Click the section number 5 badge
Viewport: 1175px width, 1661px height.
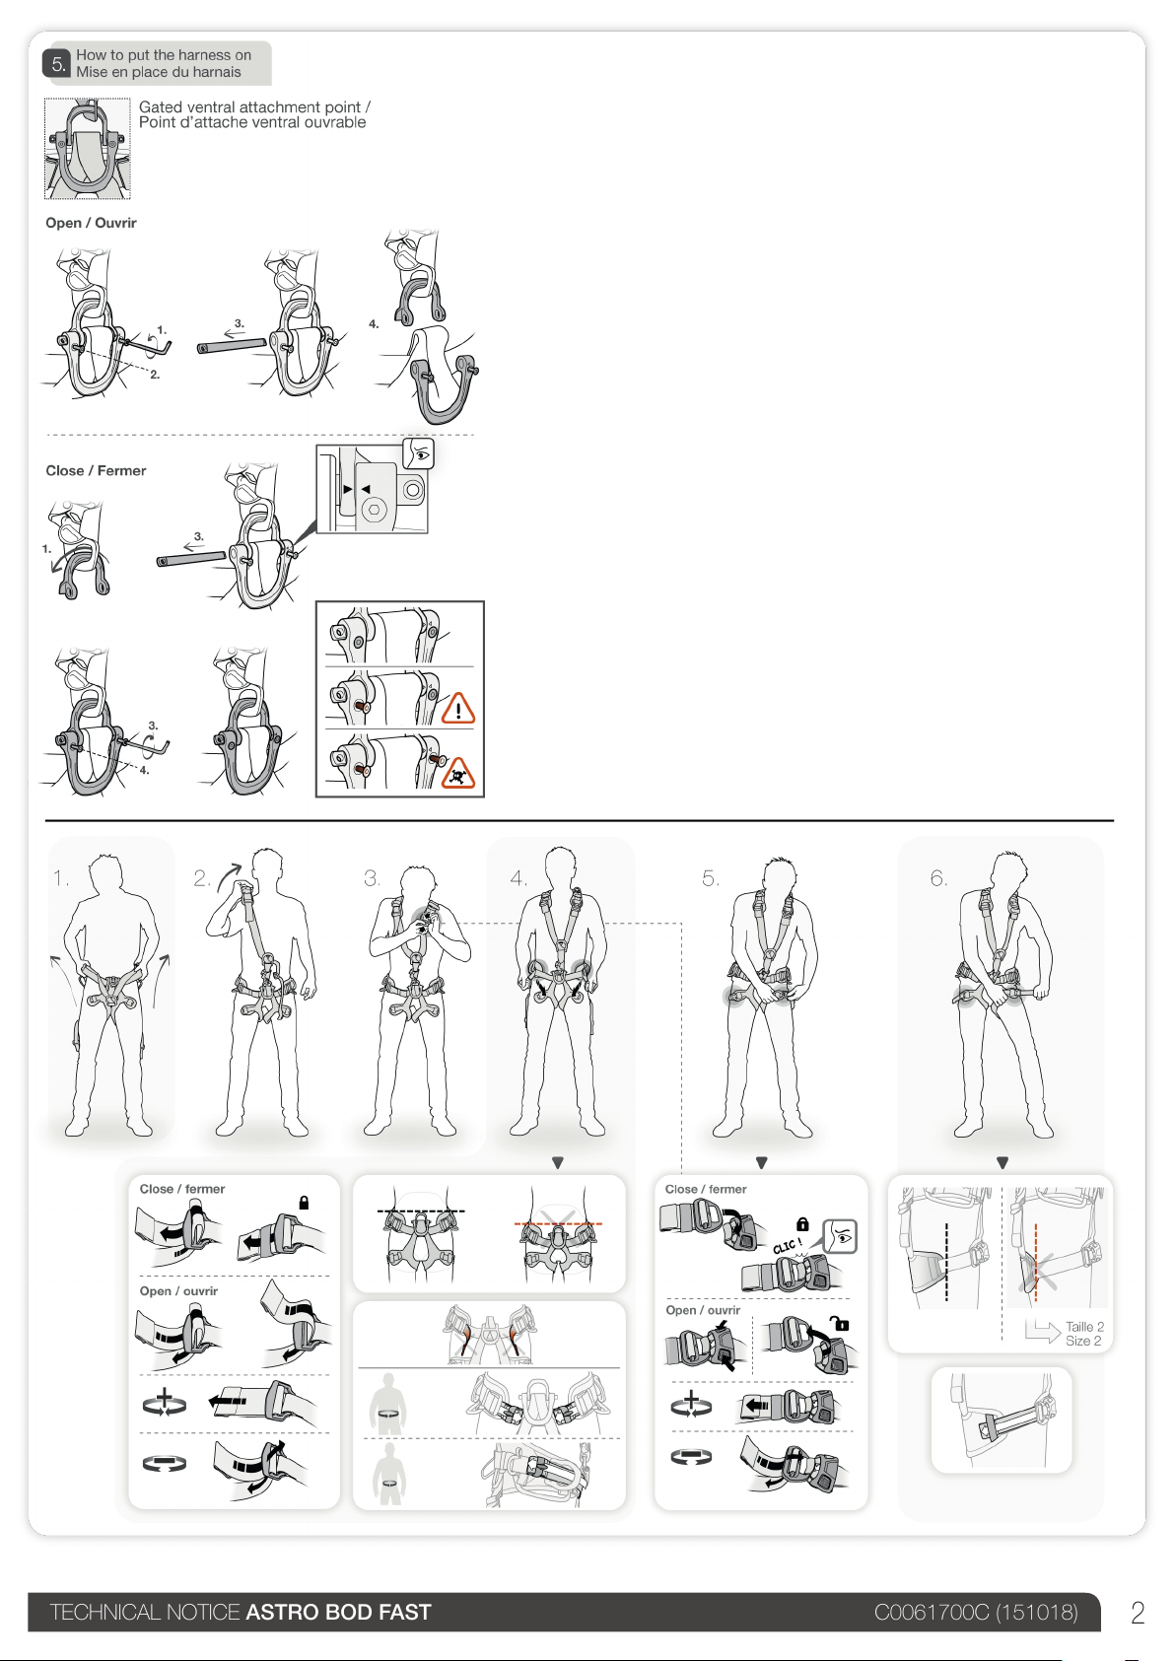pos(58,64)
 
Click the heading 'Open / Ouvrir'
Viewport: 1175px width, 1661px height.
pos(92,223)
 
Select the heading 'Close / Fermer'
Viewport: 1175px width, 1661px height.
pos(96,470)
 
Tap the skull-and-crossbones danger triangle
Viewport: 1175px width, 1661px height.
pos(458,773)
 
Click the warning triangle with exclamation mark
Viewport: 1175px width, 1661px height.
pos(458,708)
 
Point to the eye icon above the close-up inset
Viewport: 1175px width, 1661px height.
pos(418,453)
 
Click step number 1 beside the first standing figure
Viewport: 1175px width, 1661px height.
pos(61,878)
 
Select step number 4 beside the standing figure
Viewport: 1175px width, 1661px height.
pos(518,878)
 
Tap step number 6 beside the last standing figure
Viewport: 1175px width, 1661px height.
pos(938,878)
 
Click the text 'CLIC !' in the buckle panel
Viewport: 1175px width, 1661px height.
pos(788,1246)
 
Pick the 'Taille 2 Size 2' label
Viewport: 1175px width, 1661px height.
pos(1084,1334)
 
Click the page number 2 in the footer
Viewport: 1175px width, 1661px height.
pos(1138,1613)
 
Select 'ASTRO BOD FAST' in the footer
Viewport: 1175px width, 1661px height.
pos(338,1612)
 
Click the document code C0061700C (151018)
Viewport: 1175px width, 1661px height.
pos(976,1612)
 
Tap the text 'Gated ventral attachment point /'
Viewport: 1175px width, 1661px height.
pos(254,106)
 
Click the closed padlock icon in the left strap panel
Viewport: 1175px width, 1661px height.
pos(304,1202)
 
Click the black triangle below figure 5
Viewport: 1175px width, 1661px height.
pos(761,1163)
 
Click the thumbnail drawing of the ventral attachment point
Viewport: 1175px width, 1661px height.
pos(88,148)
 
